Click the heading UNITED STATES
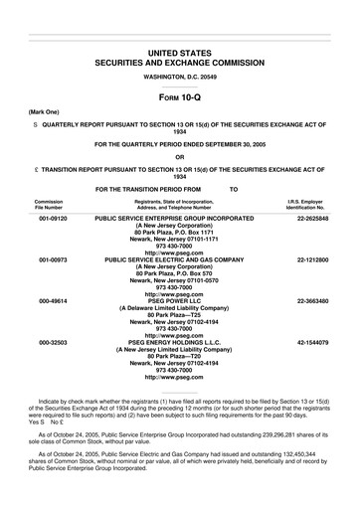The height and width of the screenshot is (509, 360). click(180, 50)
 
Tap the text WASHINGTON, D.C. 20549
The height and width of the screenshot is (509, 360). click(180, 76)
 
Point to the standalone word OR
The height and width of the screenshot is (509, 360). click(180, 156)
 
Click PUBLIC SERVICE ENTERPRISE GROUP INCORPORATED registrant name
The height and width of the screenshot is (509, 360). click(180, 216)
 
